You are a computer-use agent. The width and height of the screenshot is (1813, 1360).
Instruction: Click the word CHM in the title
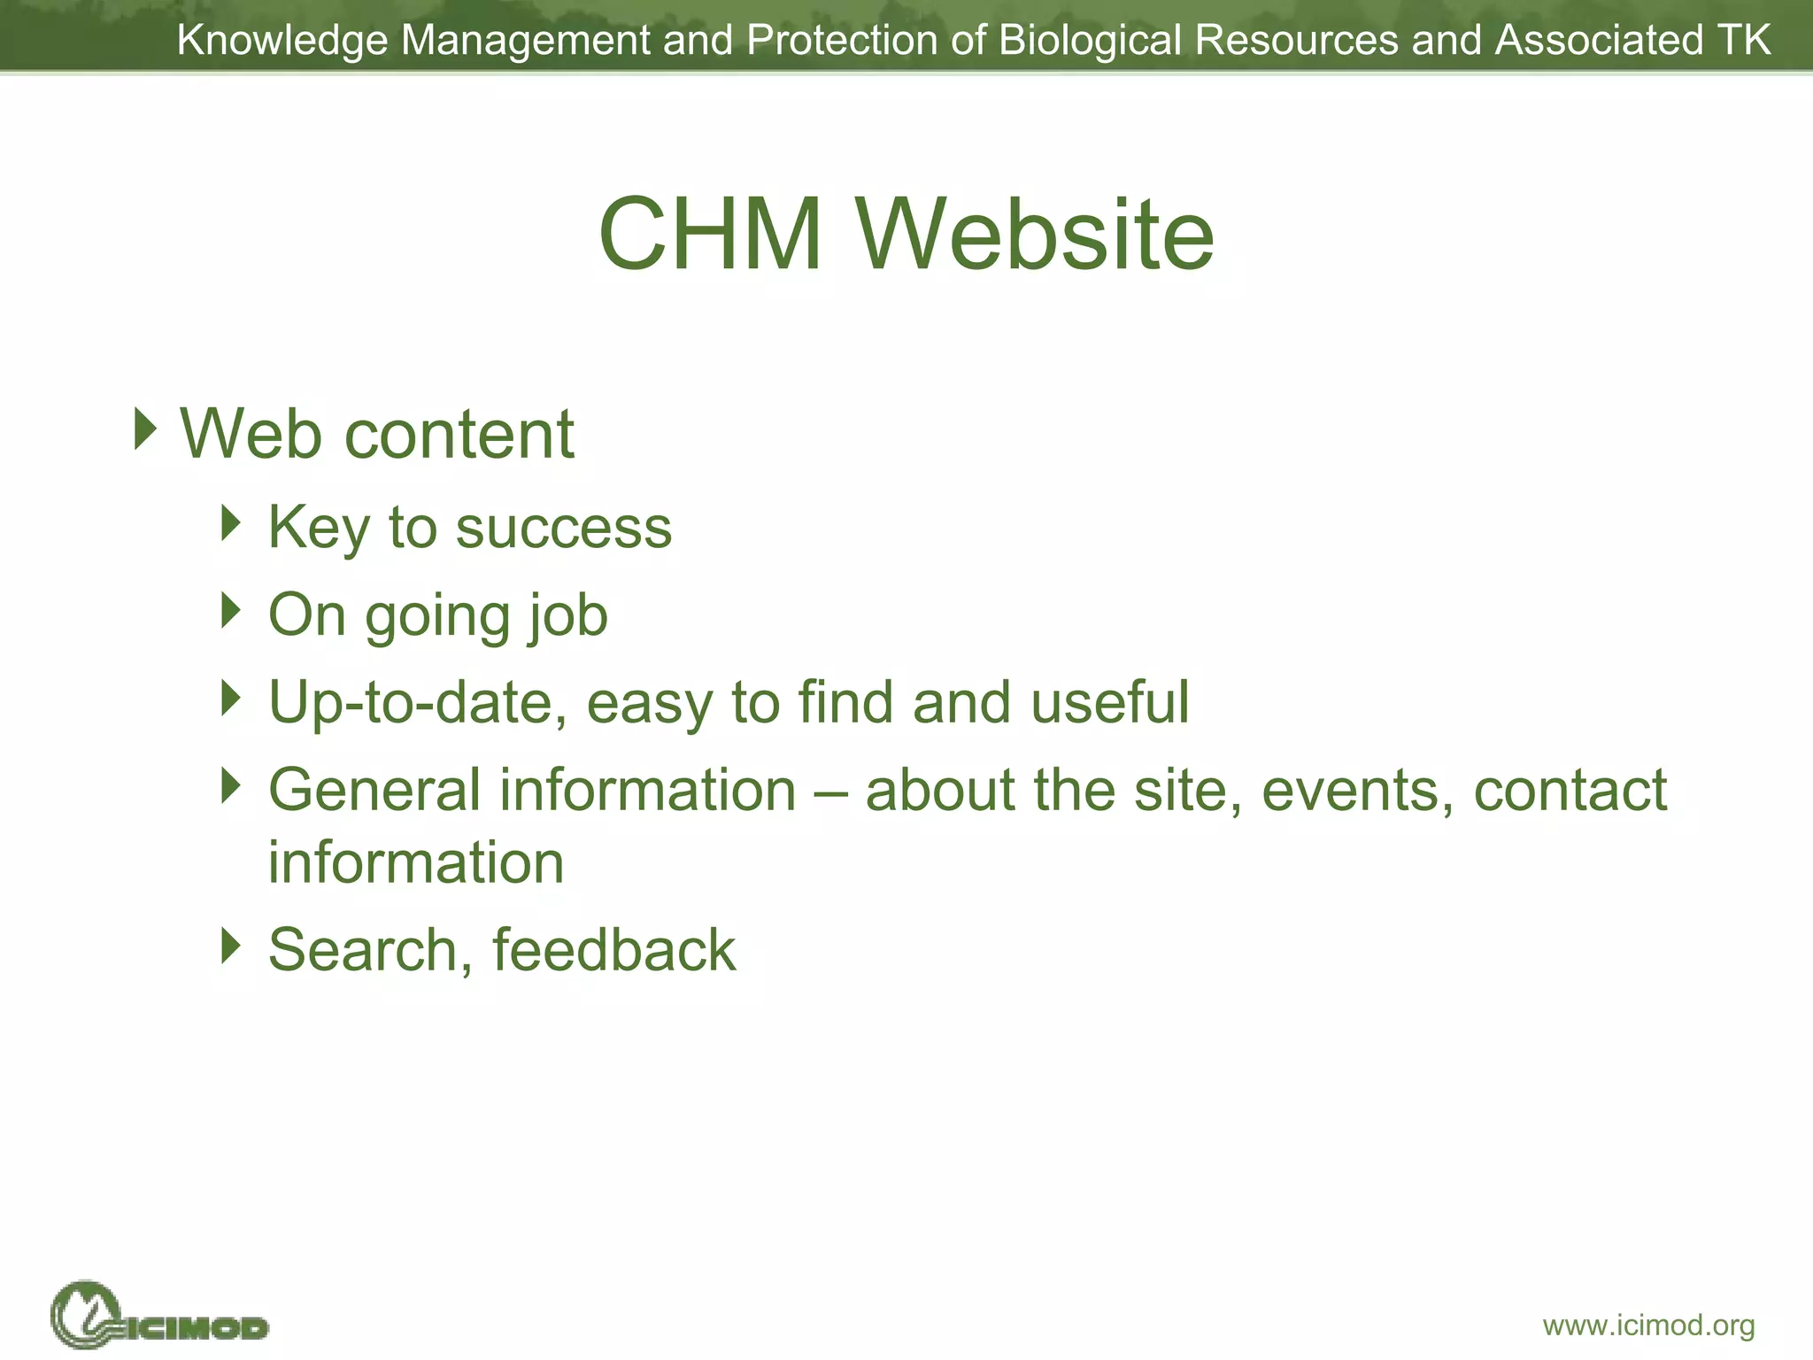click(x=710, y=235)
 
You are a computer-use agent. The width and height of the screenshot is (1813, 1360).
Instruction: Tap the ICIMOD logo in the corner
click(x=159, y=1317)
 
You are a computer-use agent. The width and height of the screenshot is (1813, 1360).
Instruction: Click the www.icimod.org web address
click(x=1648, y=1325)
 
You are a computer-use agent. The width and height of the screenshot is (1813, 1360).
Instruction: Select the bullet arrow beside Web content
click(x=145, y=429)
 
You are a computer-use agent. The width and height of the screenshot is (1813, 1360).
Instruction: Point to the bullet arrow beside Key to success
click(x=231, y=523)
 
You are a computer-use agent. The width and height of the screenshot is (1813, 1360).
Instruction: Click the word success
click(x=563, y=529)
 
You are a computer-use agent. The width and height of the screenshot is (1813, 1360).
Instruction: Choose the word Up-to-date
click(x=417, y=703)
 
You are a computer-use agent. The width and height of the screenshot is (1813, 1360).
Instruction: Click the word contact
click(x=1570, y=790)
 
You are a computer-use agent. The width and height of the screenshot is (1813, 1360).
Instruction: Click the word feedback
click(x=613, y=950)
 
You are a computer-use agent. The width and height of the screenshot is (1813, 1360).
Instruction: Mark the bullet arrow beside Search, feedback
click(x=231, y=946)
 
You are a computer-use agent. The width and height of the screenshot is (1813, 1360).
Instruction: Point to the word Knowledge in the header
click(x=282, y=41)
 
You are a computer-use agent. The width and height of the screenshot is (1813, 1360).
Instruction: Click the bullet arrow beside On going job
click(x=231, y=611)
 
